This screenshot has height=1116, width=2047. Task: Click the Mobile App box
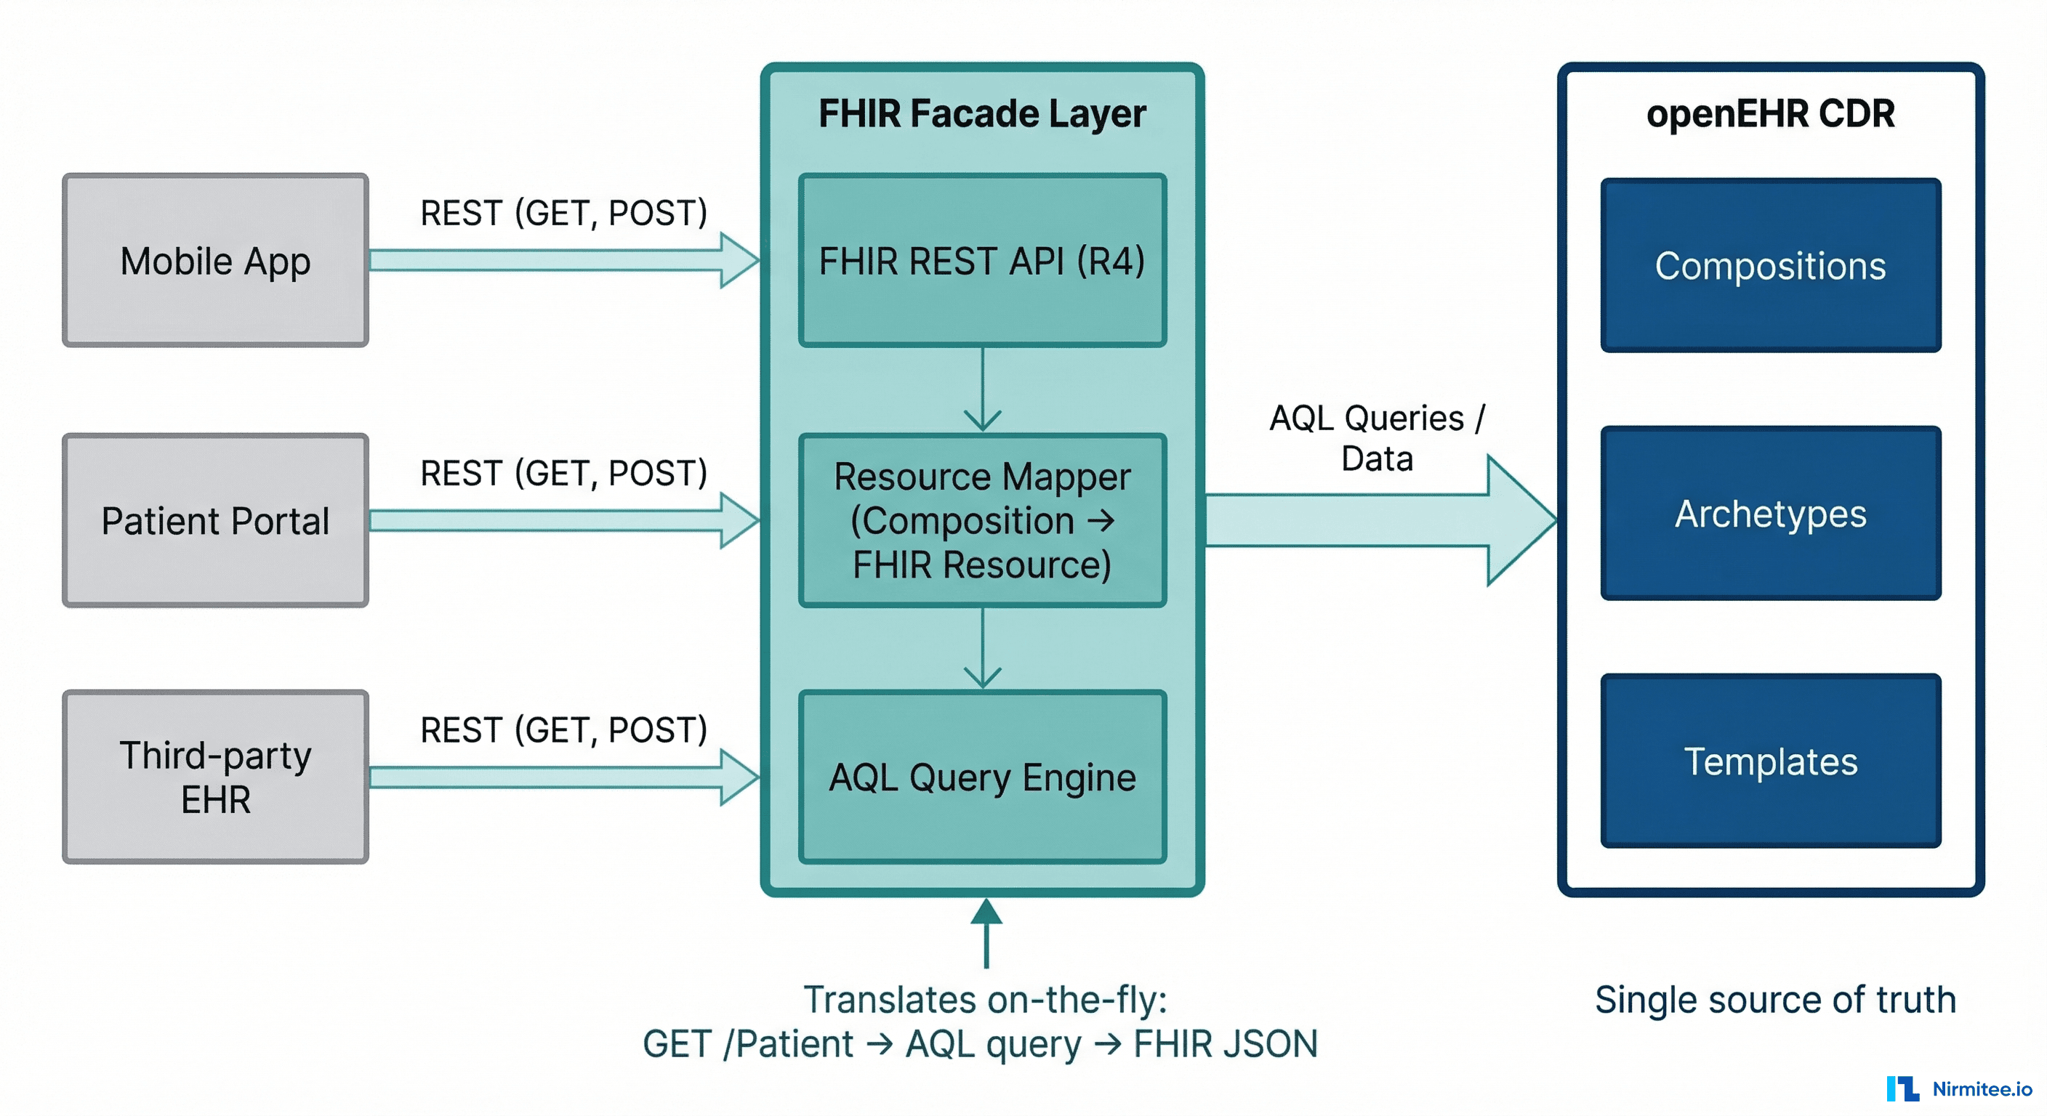pyautogui.click(x=215, y=261)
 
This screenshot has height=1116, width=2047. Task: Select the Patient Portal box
pyautogui.click(x=215, y=520)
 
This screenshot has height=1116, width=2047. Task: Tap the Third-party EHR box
pyautogui.click(x=215, y=777)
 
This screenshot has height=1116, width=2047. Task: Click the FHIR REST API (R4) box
pyautogui.click(x=982, y=261)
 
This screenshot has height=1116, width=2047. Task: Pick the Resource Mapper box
pyautogui.click(x=982, y=520)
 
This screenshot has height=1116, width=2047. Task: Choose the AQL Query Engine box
pyautogui.click(x=982, y=777)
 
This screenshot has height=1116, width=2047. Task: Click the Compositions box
pyautogui.click(x=1771, y=265)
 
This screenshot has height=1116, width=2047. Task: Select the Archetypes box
pyautogui.click(x=1771, y=513)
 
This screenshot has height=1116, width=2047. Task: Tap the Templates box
pyautogui.click(x=1771, y=761)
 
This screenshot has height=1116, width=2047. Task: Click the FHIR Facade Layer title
pyautogui.click(x=982, y=113)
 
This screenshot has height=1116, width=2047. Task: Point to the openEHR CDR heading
pyautogui.click(x=1771, y=113)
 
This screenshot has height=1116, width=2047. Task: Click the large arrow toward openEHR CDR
pyautogui.click(x=1379, y=520)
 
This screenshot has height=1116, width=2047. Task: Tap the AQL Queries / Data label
pyautogui.click(x=1377, y=437)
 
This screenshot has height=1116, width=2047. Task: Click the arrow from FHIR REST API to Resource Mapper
pyautogui.click(x=982, y=389)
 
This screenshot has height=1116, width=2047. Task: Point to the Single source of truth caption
pyautogui.click(x=1774, y=999)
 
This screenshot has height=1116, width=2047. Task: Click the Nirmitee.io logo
pyautogui.click(x=1958, y=1088)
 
